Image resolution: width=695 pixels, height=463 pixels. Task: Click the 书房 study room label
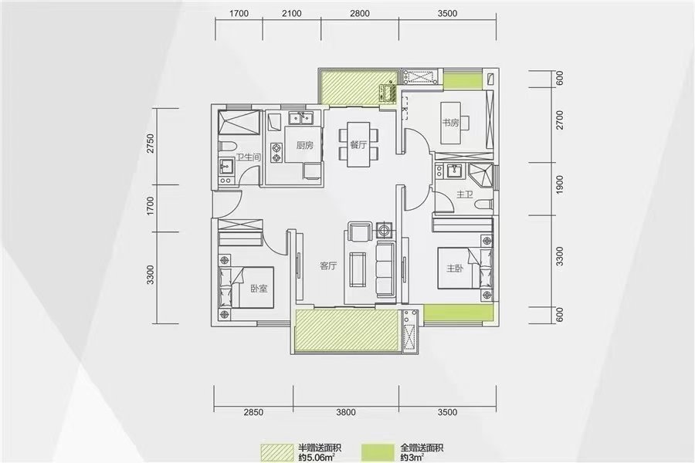(x=451, y=122)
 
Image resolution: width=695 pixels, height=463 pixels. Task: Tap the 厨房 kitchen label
(x=305, y=145)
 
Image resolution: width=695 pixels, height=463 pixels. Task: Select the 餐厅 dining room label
(x=358, y=144)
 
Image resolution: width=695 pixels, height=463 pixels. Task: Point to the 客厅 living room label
(x=328, y=265)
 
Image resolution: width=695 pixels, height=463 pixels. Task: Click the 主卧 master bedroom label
(x=455, y=268)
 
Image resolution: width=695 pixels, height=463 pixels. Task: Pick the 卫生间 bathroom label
(x=248, y=157)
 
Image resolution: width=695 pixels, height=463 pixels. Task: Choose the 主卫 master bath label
(x=465, y=194)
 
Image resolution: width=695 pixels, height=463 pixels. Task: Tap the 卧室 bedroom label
(x=259, y=289)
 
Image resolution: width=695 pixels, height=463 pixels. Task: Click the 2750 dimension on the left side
(x=151, y=143)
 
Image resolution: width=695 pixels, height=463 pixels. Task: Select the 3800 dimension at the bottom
(x=346, y=412)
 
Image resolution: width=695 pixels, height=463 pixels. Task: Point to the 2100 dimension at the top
(x=292, y=13)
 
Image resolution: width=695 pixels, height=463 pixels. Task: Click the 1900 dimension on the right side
(x=559, y=184)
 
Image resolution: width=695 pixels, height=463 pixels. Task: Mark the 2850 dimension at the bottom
(x=253, y=412)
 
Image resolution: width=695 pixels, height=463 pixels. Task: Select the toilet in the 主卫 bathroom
(x=483, y=204)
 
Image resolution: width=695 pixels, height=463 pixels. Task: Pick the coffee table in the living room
(x=358, y=269)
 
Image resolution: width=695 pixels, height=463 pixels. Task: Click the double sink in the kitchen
(x=301, y=118)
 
